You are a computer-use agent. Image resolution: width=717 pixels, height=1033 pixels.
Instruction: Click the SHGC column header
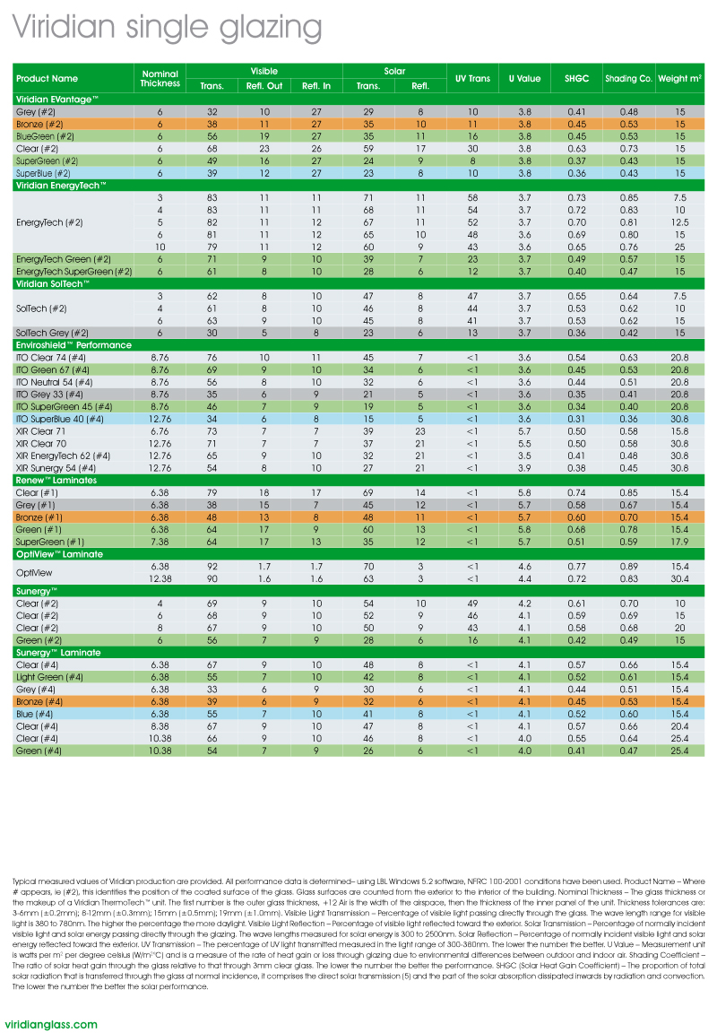576,79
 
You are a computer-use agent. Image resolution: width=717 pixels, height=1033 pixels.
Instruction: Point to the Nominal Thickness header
160,79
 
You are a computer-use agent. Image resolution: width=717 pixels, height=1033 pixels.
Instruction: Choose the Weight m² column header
679,79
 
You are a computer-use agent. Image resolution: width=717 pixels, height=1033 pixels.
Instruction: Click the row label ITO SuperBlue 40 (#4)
60,419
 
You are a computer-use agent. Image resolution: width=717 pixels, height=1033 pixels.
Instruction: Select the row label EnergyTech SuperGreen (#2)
74,271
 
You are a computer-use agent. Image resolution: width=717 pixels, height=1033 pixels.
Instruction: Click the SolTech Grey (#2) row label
53,333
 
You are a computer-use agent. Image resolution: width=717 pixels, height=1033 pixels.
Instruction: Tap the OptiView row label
37,572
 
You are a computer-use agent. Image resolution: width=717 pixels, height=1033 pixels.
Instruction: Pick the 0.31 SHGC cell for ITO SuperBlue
576,419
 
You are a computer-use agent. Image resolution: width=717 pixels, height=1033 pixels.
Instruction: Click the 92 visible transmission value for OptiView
212,567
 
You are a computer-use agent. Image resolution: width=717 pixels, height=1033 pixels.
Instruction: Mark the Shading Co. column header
627,79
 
